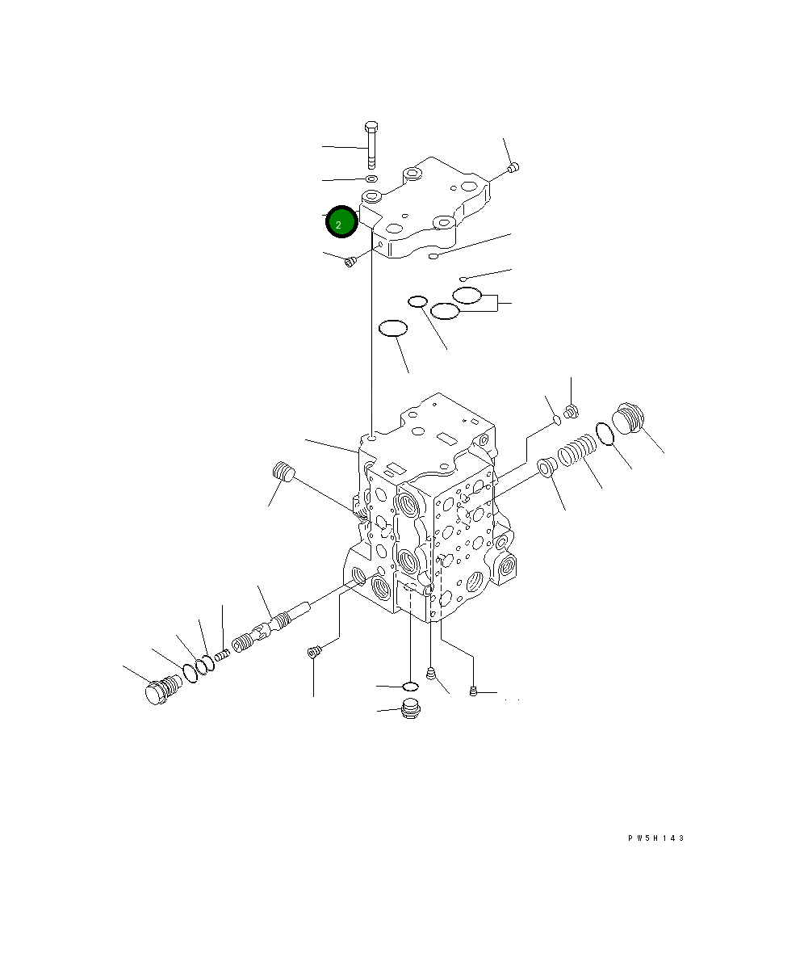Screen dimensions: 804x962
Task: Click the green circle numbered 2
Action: pyautogui.click(x=341, y=222)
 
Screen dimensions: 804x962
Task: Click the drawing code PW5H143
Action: pyautogui.click(x=655, y=838)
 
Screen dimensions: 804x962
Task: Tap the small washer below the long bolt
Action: pyautogui.click(x=371, y=179)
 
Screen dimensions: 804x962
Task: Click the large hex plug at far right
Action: pyautogui.click(x=629, y=419)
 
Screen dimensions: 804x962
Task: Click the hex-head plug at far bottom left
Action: pyautogui.click(x=163, y=690)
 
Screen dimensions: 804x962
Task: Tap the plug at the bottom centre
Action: pyautogui.click(x=409, y=708)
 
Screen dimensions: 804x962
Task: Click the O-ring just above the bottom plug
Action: pyautogui.click(x=410, y=686)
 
